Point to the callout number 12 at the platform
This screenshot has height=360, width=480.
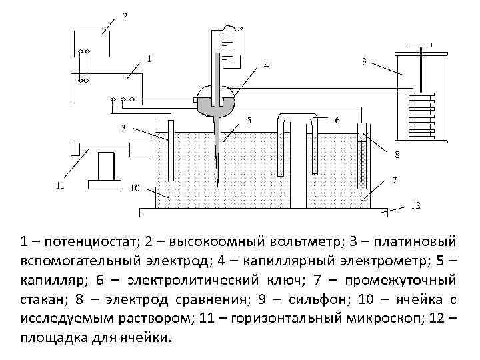[414, 206]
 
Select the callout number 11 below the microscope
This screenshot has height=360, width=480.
[61, 187]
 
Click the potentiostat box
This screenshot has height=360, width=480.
[107, 87]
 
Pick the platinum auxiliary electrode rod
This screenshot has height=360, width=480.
[171, 150]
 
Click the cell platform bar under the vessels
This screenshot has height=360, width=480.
[263, 212]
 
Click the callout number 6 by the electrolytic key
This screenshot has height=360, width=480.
[337, 121]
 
